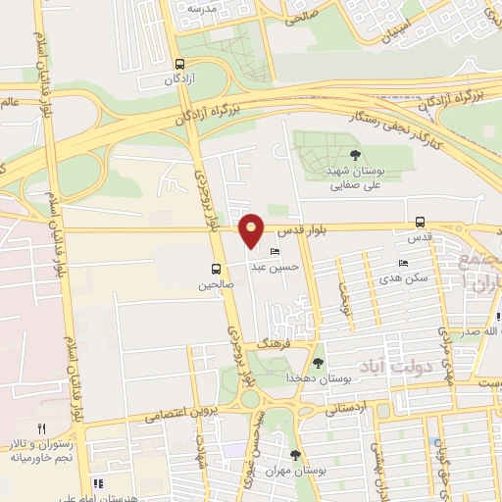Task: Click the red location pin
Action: [253, 230]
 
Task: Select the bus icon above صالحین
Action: [215, 269]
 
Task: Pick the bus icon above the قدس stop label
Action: [420, 222]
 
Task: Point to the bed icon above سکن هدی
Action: [404, 264]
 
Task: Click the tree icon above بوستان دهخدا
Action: [318, 363]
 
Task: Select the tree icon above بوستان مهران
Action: [296, 454]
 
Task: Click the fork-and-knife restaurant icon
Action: [41, 428]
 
